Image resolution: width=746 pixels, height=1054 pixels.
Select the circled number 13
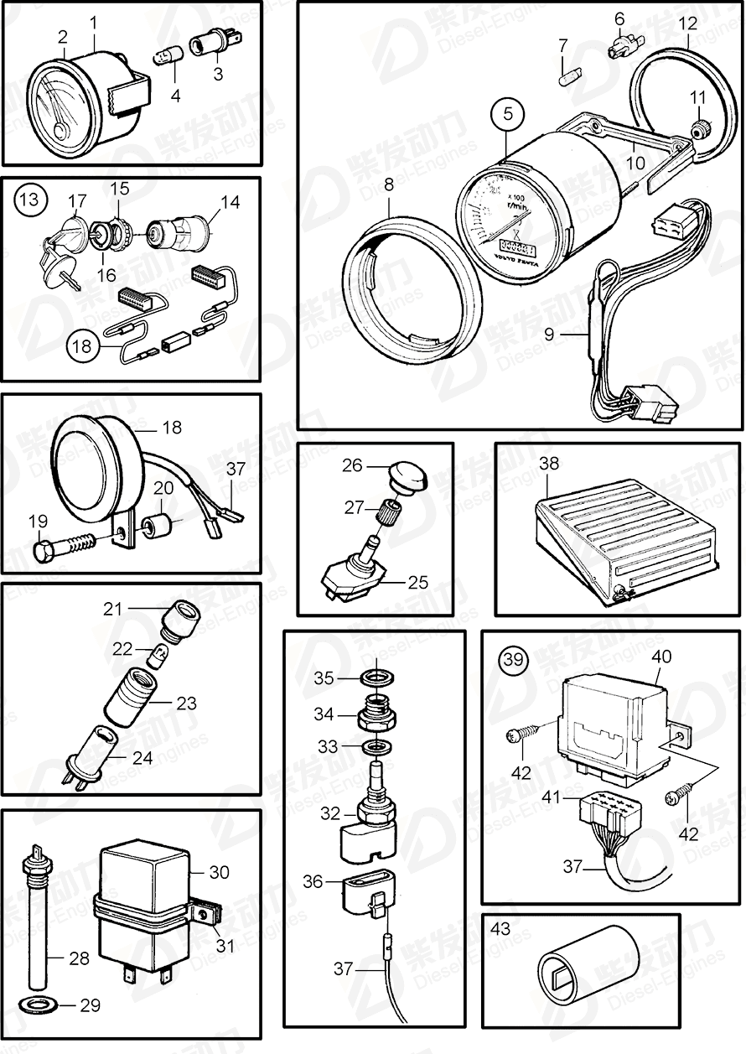click(x=29, y=200)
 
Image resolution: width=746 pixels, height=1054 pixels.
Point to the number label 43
click(x=500, y=930)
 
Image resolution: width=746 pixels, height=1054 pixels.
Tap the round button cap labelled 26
click(x=408, y=475)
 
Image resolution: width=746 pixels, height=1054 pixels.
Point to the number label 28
click(x=79, y=958)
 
